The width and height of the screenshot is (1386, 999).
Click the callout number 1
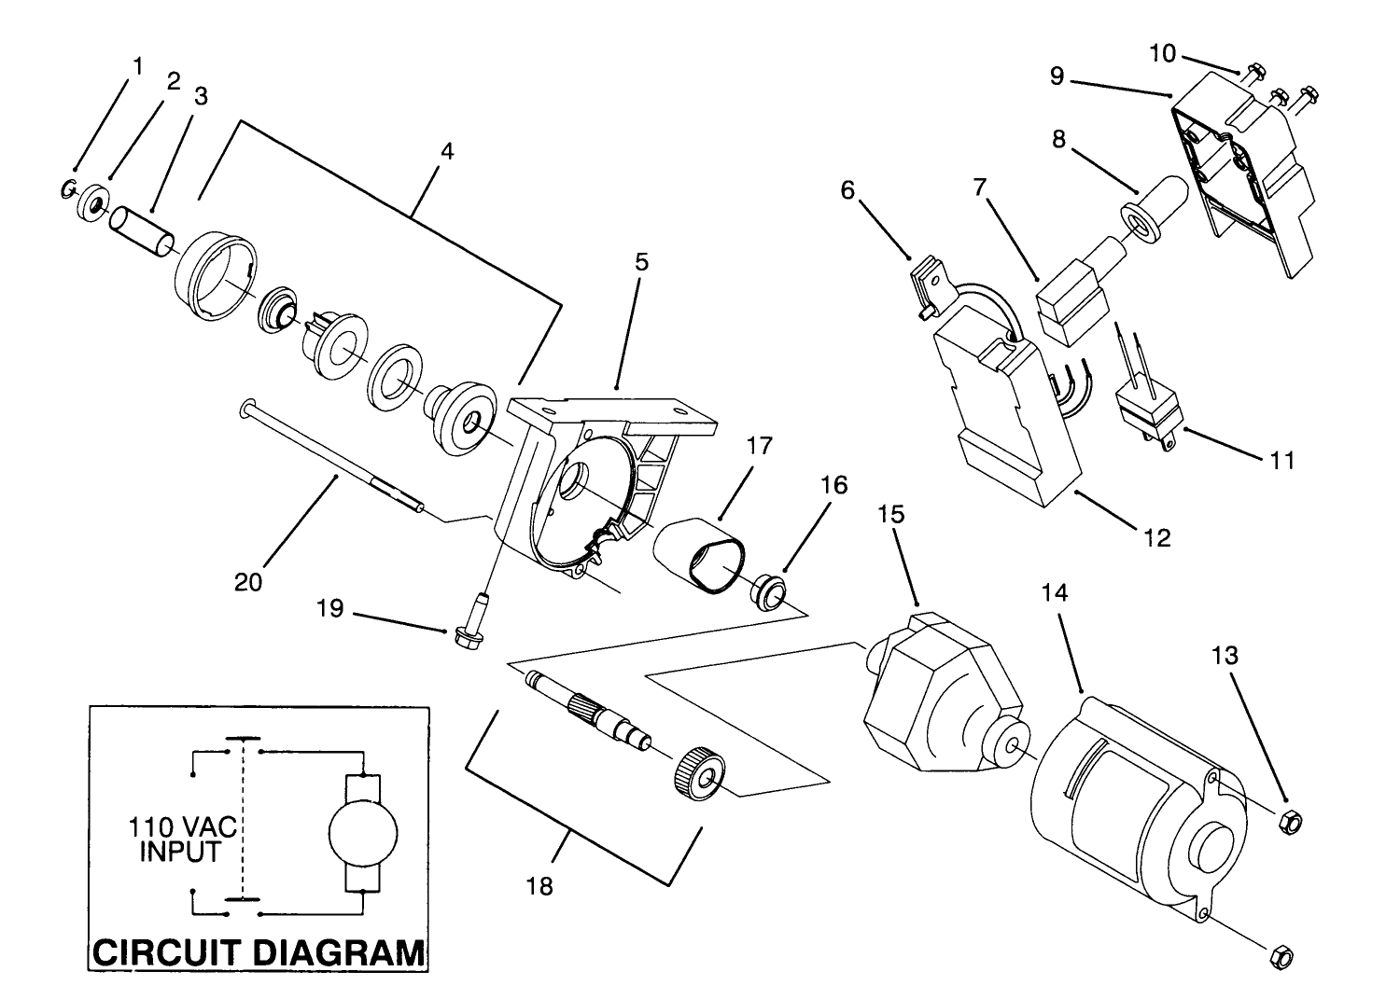click(138, 66)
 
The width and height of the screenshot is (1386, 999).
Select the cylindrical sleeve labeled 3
click(142, 232)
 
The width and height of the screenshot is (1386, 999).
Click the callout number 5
click(641, 262)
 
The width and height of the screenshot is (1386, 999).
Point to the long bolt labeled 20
click(336, 456)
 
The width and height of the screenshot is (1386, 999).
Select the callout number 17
click(760, 447)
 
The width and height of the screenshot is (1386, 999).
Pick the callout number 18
click(539, 885)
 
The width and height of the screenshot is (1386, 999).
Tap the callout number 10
click(1162, 53)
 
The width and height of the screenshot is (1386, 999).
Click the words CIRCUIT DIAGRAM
click(259, 952)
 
